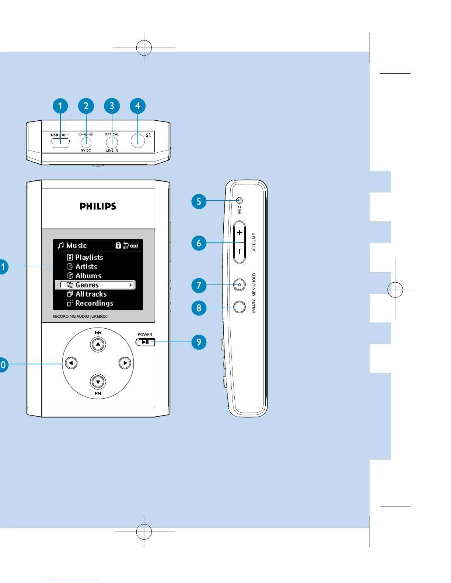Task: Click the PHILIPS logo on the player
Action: (x=98, y=206)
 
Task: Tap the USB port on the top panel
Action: (x=60, y=142)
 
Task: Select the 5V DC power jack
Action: (x=86, y=142)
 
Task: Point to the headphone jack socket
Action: (x=138, y=141)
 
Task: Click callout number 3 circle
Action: (x=112, y=106)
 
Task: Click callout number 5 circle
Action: (x=199, y=201)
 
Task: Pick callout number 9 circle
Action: (x=199, y=342)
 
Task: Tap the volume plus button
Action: (x=240, y=233)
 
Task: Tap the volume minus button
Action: (x=240, y=252)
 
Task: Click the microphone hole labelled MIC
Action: (x=240, y=201)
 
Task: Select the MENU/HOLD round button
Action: (x=240, y=285)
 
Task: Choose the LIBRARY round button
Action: (x=240, y=307)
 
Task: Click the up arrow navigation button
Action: (x=98, y=344)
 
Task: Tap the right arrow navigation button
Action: (x=125, y=363)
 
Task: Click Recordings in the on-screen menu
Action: (x=94, y=303)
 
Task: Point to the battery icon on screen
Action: (x=134, y=245)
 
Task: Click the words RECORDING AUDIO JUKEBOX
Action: (x=80, y=316)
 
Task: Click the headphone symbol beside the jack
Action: (x=148, y=135)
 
